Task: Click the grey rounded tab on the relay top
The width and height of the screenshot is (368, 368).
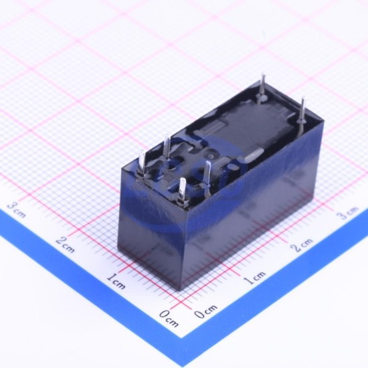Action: click(x=254, y=155)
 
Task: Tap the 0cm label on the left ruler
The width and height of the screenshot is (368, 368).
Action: click(x=169, y=318)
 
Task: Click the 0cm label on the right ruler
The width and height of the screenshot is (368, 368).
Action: click(x=206, y=310)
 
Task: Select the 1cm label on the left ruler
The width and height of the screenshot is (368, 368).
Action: click(x=116, y=281)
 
